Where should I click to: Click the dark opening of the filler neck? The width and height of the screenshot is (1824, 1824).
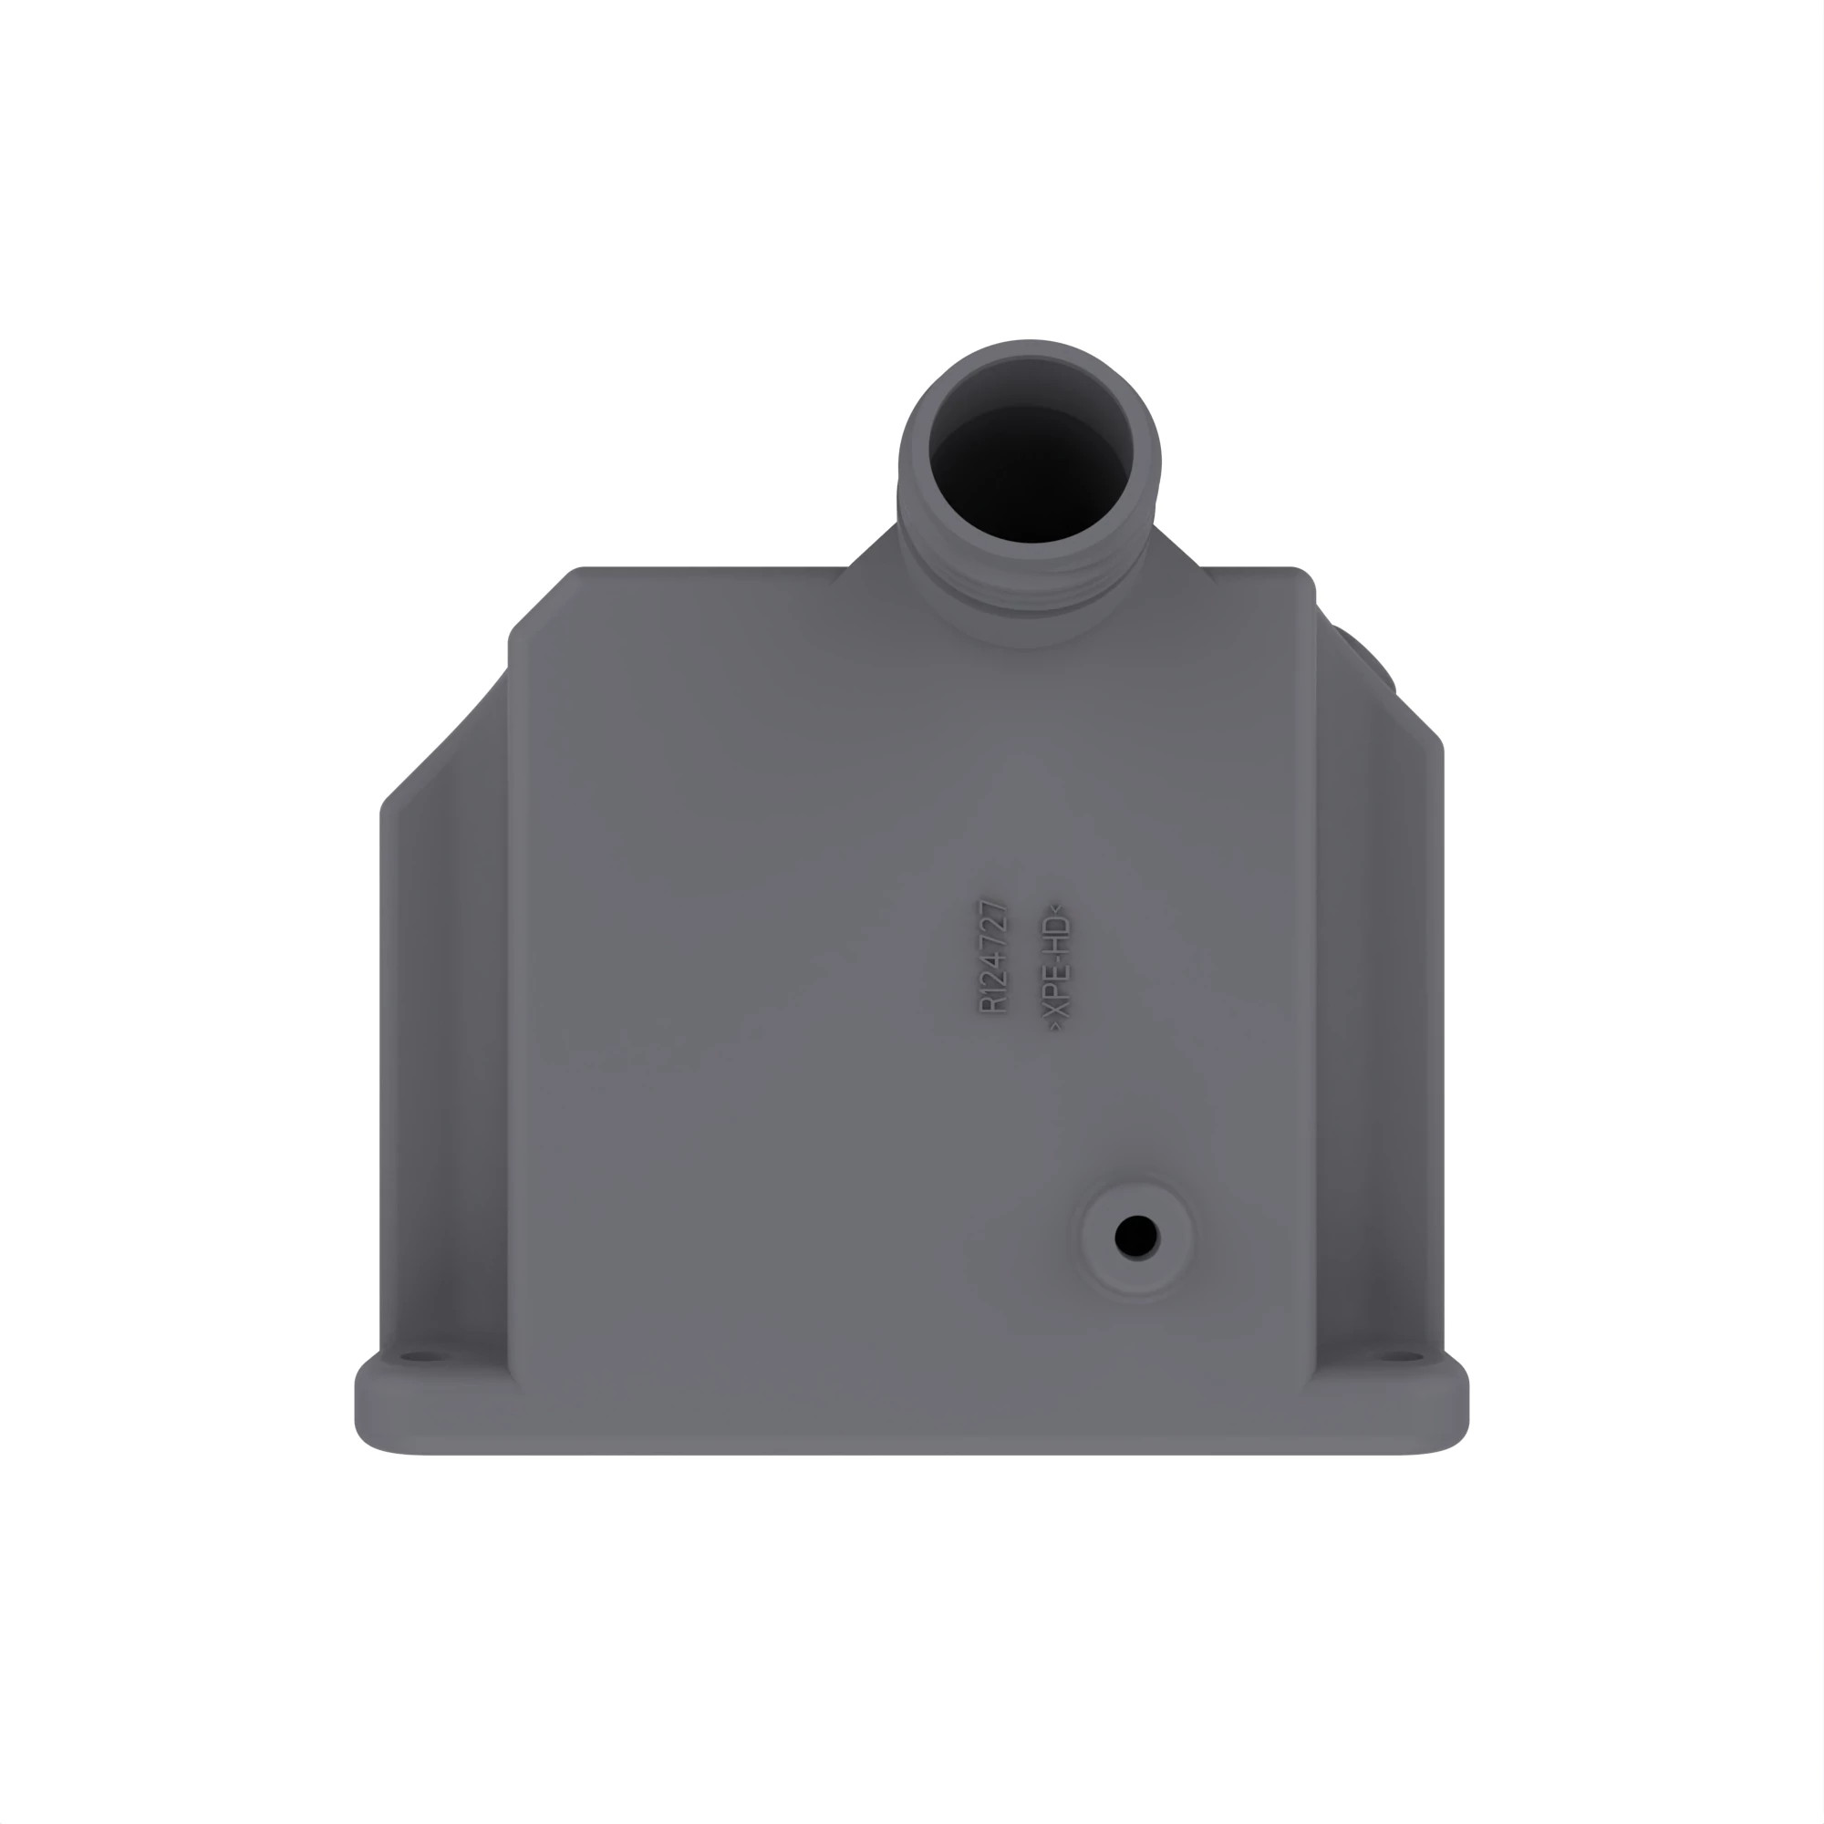[1031, 472]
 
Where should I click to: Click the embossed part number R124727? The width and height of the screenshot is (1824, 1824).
[993, 957]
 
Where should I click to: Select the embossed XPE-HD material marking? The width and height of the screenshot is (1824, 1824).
[1057, 966]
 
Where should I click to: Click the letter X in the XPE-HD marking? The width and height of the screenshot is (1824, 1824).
[1058, 1008]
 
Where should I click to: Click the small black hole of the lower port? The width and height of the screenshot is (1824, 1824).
[1135, 1236]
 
